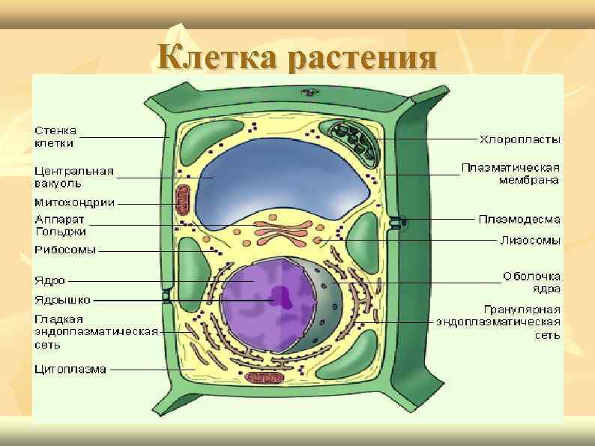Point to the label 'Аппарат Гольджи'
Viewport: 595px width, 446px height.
click(61, 226)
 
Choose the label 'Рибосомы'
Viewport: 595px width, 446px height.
click(65, 250)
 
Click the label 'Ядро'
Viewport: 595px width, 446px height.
click(49, 281)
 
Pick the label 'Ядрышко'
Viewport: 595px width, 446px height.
click(62, 300)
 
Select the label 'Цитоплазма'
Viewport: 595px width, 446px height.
click(70, 369)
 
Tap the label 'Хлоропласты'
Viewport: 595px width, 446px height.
click(520, 139)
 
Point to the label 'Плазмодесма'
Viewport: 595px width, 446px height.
click(519, 219)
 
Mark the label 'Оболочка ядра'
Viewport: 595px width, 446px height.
click(532, 282)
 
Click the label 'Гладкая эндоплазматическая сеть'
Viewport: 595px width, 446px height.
click(96, 331)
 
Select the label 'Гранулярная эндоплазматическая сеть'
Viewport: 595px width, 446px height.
click(499, 322)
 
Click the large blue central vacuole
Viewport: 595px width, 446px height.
click(285, 184)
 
